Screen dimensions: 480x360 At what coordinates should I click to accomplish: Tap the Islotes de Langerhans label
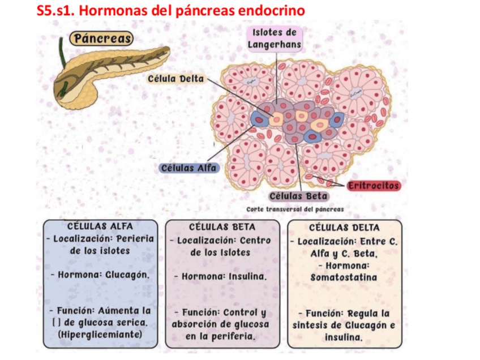tap(275, 38)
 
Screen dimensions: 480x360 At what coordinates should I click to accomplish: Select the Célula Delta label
tap(175, 79)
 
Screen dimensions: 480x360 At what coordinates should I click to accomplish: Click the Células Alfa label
tap(189, 168)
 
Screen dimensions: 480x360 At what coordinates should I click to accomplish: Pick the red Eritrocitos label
tap(373, 186)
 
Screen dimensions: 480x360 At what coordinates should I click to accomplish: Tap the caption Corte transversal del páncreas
tap(295, 209)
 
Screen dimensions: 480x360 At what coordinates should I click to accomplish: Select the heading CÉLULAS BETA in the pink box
tap(222, 227)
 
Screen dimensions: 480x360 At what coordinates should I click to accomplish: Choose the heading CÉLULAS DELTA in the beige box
tap(344, 228)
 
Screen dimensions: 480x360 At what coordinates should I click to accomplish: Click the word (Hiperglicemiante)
tap(100, 335)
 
